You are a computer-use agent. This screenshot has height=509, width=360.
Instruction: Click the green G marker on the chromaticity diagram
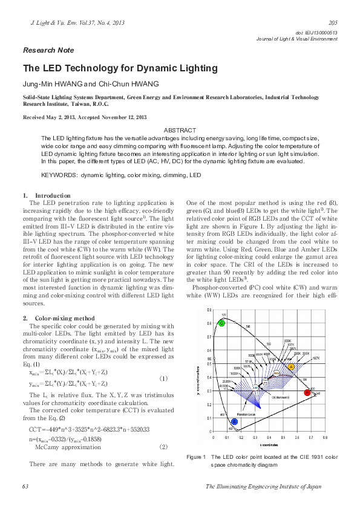[221, 323]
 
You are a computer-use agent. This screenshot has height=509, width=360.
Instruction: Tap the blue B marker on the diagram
[235, 422]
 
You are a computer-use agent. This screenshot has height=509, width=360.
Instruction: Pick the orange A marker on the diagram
[291, 367]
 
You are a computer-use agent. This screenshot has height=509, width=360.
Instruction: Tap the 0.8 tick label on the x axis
[325, 436]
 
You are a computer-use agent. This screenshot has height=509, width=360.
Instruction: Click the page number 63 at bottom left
[25, 486]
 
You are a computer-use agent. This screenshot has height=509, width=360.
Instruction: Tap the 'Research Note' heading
[48, 50]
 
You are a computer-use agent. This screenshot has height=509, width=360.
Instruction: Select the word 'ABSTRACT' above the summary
[180, 131]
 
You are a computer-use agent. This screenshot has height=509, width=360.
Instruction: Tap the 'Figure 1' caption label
[197, 456]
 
